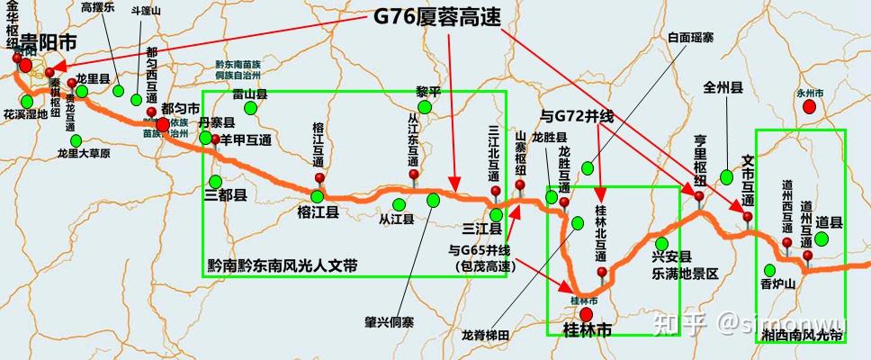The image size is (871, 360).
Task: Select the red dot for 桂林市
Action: tap(587, 314)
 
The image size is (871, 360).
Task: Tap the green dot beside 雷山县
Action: tap(251, 109)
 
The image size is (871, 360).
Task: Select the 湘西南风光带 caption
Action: tap(800, 335)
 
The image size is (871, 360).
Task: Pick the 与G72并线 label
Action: tap(576, 116)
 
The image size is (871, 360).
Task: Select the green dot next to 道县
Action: tap(821, 238)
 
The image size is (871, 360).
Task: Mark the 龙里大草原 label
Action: tap(83, 153)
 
